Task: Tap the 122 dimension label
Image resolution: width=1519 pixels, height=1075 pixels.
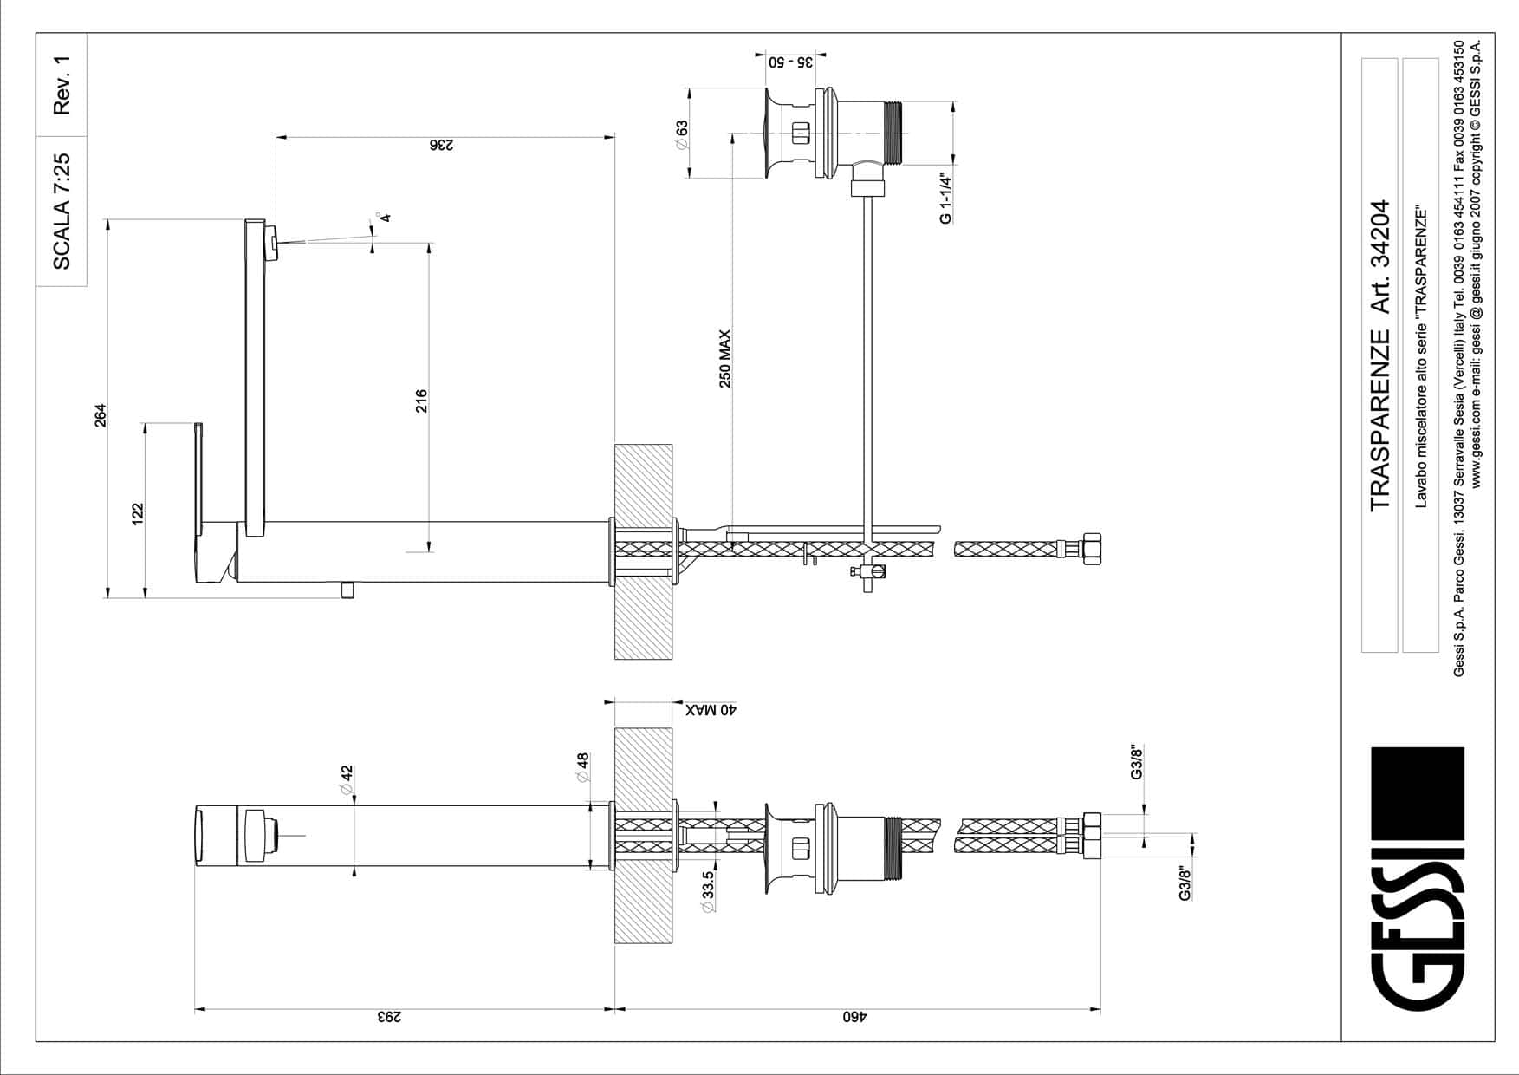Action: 137,514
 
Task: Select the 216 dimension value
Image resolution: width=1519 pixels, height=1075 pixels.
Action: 421,401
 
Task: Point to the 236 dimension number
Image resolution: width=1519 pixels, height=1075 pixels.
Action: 441,145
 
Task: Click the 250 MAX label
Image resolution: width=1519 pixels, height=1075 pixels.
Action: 725,358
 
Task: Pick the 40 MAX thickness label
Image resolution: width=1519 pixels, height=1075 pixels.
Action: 711,710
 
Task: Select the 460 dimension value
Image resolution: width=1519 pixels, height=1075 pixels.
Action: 854,1017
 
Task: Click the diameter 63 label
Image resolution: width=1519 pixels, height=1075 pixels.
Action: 681,135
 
